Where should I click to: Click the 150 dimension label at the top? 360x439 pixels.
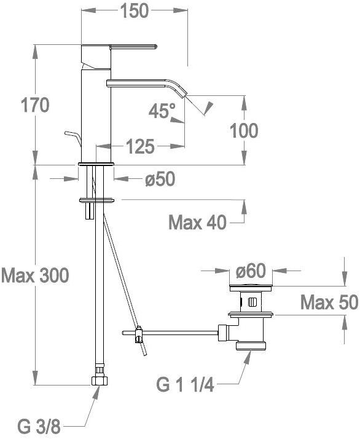click(135, 11)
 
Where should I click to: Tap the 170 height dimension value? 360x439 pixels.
click(35, 105)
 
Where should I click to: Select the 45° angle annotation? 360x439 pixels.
click(162, 111)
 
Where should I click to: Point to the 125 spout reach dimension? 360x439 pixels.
click(140, 146)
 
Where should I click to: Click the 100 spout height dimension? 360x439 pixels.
click(244, 130)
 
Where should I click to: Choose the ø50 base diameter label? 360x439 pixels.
click(160, 179)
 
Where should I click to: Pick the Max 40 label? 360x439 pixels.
click(197, 223)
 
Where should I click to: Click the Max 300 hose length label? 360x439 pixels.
click(35, 275)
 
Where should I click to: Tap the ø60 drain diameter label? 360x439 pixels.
click(251, 271)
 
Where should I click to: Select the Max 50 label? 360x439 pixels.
click(329, 302)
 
